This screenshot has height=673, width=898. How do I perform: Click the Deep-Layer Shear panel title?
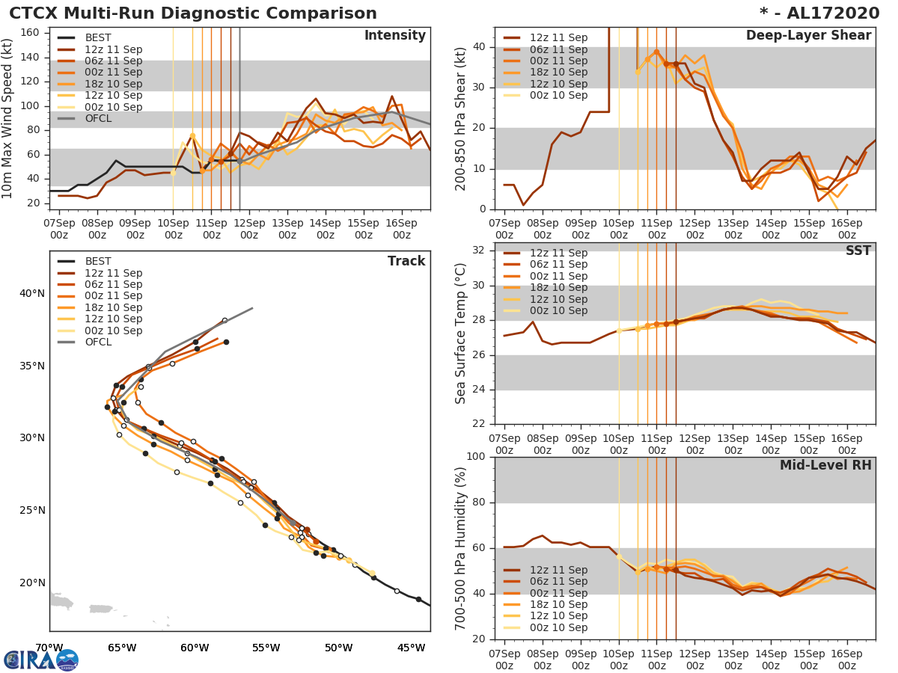(808, 36)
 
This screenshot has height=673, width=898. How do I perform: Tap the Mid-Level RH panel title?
(825, 465)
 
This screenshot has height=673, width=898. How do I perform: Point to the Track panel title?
(406, 261)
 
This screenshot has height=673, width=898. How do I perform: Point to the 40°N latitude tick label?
(32, 293)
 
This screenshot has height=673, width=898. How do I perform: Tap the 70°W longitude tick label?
(49, 648)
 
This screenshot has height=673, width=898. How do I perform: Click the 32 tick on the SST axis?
(478, 251)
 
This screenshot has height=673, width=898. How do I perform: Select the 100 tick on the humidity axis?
(475, 457)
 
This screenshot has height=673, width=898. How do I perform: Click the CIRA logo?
(41, 660)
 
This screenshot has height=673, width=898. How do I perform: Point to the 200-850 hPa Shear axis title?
(461, 118)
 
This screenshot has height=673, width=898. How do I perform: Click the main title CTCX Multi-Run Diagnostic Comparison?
(193, 13)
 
